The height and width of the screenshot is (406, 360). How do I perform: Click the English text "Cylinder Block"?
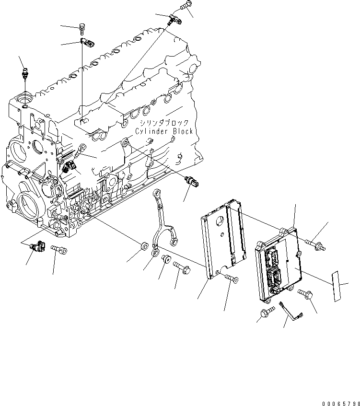point(163,131)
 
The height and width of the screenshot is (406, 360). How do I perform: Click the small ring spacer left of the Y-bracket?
point(142,247)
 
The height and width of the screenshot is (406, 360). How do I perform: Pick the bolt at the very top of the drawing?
point(185,6)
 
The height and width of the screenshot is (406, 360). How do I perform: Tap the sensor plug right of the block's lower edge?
point(193,182)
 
